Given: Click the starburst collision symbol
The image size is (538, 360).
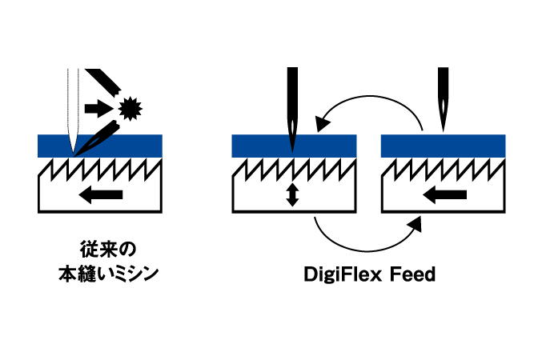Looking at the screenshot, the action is [x=130, y=109].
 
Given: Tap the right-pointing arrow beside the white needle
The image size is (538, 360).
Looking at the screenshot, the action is [x=98, y=108].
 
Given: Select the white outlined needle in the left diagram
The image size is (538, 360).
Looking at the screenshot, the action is [x=73, y=110].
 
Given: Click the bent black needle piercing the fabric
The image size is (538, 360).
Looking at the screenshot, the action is [x=97, y=139].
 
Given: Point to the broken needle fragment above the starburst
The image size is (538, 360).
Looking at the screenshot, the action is [x=103, y=82].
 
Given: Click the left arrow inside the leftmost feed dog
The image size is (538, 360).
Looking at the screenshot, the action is [x=101, y=194].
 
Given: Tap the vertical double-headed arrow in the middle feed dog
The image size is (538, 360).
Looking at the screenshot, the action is [x=292, y=194].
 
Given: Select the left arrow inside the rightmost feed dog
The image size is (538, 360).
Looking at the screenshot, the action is [x=444, y=194].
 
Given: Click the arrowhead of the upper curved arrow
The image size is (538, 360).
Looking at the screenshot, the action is [x=322, y=123].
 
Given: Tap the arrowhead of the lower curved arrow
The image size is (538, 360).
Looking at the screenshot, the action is [x=416, y=225].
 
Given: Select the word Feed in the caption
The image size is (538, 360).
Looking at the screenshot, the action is [x=413, y=274].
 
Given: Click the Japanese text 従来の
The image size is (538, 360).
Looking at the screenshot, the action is [x=108, y=250].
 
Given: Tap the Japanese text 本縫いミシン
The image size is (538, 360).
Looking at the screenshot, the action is [x=108, y=274].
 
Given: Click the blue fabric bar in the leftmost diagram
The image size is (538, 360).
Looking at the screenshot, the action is [x=100, y=146].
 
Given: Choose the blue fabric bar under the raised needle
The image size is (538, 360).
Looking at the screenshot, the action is [x=443, y=146].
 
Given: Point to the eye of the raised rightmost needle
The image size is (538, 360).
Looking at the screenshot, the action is [x=443, y=106].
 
